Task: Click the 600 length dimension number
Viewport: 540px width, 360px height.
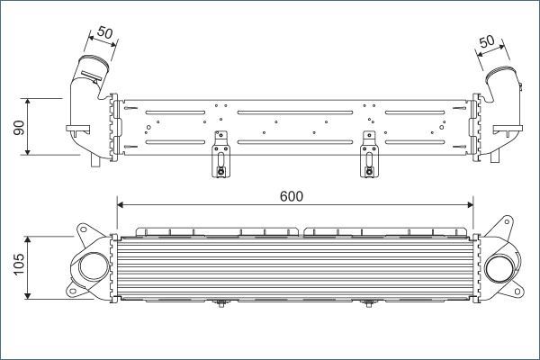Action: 292,196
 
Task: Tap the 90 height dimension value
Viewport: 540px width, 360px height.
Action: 19,127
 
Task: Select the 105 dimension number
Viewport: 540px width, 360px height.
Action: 19,265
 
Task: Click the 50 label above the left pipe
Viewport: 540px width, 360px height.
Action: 104,32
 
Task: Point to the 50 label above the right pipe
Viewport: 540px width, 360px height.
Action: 487,41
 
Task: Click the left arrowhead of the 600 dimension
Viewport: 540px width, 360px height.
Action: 121,204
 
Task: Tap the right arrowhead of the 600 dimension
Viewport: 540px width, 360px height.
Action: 470,204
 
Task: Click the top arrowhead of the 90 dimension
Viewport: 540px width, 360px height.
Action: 28,102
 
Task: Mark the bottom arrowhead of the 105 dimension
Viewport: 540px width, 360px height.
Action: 28,295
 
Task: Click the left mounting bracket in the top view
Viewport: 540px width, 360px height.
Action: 220,154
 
